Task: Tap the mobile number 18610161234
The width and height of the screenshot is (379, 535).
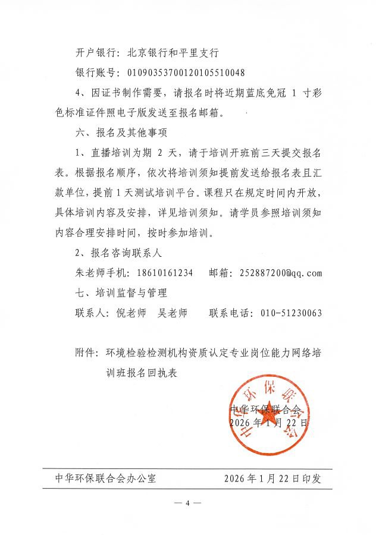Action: [163, 273]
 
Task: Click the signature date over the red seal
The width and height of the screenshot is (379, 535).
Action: [268, 423]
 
